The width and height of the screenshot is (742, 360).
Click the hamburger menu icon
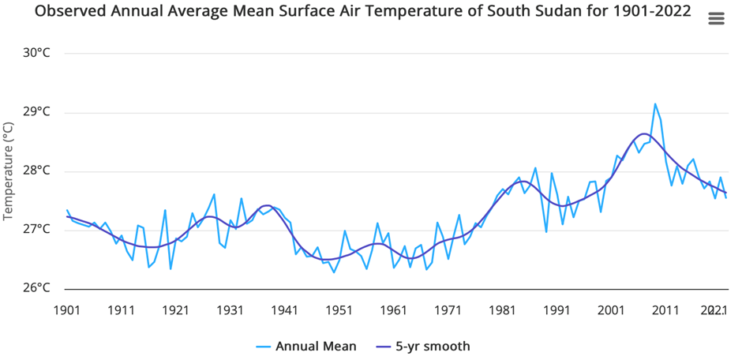coord(716,19)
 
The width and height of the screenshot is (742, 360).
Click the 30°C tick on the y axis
coord(36,53)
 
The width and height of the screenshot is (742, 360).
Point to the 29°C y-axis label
coord(36,112)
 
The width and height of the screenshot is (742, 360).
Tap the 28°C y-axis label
coord(36,171)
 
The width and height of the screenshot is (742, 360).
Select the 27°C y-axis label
coord(36,230)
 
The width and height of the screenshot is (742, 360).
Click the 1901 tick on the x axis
coord(66,310)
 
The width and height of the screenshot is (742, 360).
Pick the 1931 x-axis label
coord(230,310)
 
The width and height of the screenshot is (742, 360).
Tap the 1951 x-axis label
coord(339,310)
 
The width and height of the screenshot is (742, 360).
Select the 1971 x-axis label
coord(448,310)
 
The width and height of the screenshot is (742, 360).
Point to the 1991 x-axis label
coord(557,310)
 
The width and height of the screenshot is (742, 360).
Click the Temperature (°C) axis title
coord(9,171)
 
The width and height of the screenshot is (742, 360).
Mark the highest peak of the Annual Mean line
coord(655,103)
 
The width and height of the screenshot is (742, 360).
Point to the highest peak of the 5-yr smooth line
coord(643,134)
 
